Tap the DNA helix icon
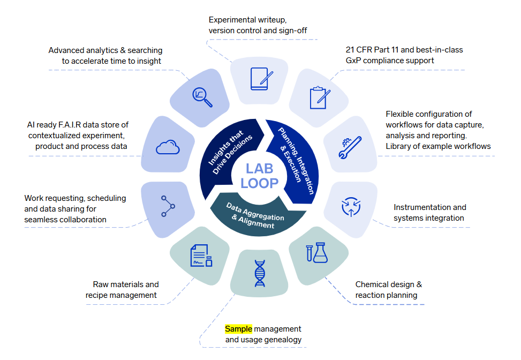[260, 273]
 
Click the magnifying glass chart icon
[202, 96]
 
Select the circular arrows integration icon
[351, 206]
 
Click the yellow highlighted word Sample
[238, 328]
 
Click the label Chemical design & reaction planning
[388, 290]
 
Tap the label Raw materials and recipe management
[122, 290]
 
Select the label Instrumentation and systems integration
[429, 213]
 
